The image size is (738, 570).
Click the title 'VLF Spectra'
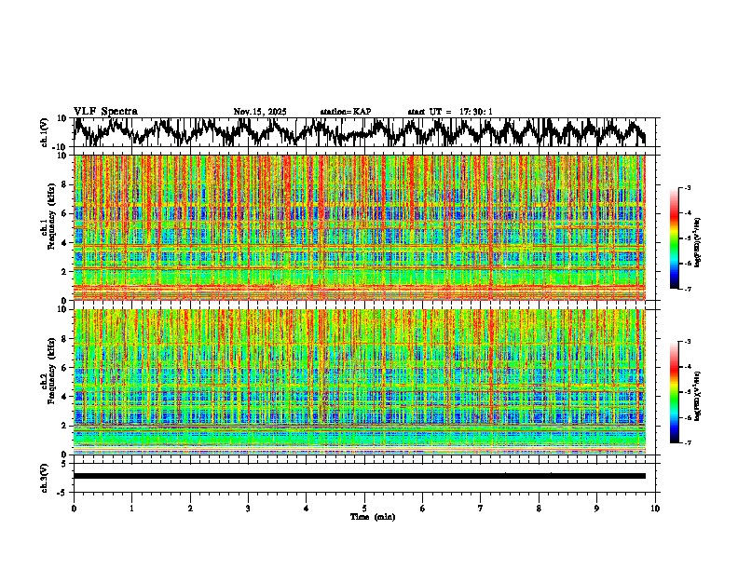[105, 111]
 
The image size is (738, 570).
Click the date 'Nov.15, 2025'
[260, 112]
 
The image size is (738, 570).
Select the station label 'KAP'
[362, 112]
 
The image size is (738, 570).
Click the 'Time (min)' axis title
[372, 517]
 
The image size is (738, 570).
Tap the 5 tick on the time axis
[364, 509]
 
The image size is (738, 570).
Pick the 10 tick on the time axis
[655, 509]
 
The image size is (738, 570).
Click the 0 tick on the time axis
[74, 509]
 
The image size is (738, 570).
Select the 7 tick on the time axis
[481, 509]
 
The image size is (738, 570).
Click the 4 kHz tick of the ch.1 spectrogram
[66, 243]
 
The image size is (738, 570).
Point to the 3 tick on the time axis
[248, 509]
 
